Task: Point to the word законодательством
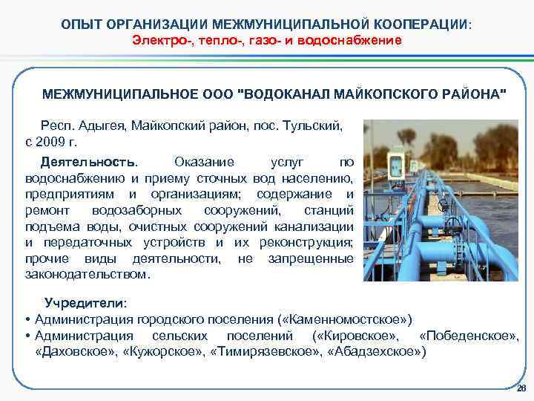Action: coord(87,274)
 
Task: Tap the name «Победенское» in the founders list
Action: coord(468,336)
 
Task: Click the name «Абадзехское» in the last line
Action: coord(376,352)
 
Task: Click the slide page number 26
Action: coord(521,389)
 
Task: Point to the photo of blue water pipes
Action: coord(441,201)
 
